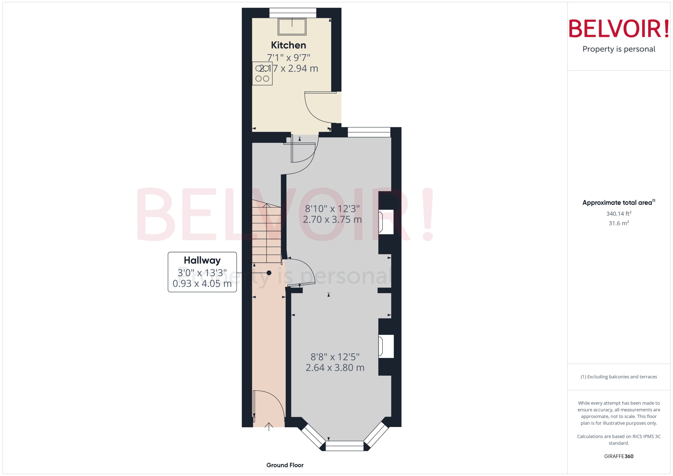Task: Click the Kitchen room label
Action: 288,45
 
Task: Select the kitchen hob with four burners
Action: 262,74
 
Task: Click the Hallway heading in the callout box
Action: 202,260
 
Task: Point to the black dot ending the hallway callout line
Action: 269,273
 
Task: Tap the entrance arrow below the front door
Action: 269,426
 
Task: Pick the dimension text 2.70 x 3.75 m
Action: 332,219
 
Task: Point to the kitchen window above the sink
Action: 293,13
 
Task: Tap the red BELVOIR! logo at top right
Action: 619,29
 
